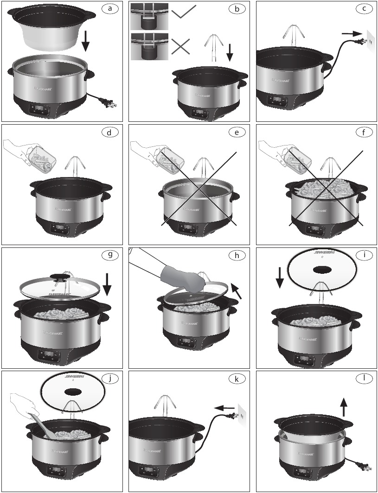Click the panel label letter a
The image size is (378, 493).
pos(109,8)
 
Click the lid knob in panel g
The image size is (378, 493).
pos(60,278)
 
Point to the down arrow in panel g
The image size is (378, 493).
pos(107,284)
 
